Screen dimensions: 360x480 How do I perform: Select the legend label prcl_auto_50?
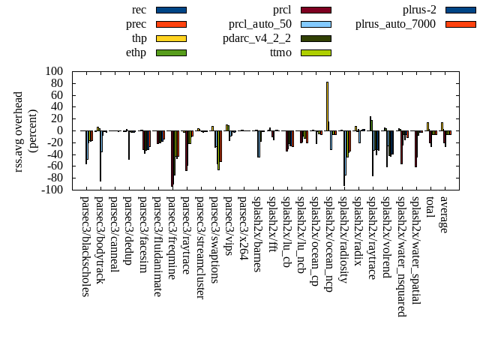click(257, 24)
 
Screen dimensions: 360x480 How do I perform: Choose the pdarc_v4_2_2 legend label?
click(257, 38)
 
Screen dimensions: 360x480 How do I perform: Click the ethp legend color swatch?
click(171, 52)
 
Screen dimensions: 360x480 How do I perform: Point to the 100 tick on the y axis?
click(53, 71)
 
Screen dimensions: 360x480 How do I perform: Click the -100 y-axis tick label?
click(52, 190)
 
